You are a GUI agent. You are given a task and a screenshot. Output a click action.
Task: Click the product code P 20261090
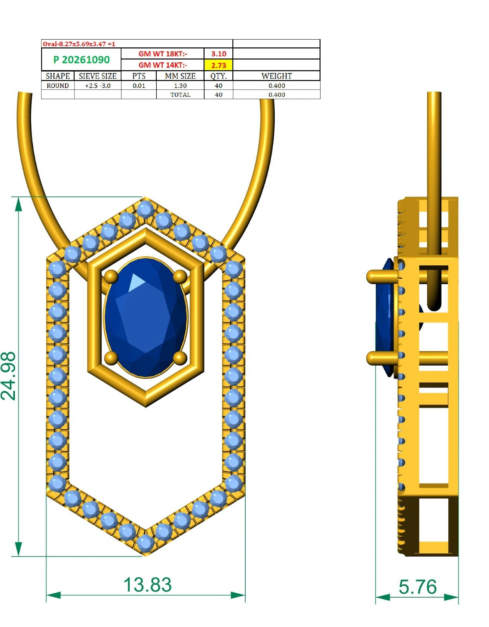81,60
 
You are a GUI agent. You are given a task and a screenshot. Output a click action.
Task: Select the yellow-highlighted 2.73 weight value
218,65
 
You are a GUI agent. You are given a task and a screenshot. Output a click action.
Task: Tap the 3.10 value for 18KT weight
218,54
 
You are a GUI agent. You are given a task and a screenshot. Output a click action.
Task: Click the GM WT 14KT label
163,65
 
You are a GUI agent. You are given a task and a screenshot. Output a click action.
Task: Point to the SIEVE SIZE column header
98,76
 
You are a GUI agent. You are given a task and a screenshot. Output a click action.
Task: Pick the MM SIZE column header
180,76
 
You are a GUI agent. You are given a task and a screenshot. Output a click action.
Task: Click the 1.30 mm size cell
180,86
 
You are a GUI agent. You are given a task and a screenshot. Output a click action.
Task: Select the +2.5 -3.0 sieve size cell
98,86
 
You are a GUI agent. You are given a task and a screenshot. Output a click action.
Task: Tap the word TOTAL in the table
180,95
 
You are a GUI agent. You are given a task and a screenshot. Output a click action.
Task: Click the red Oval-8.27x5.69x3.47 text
79,44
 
